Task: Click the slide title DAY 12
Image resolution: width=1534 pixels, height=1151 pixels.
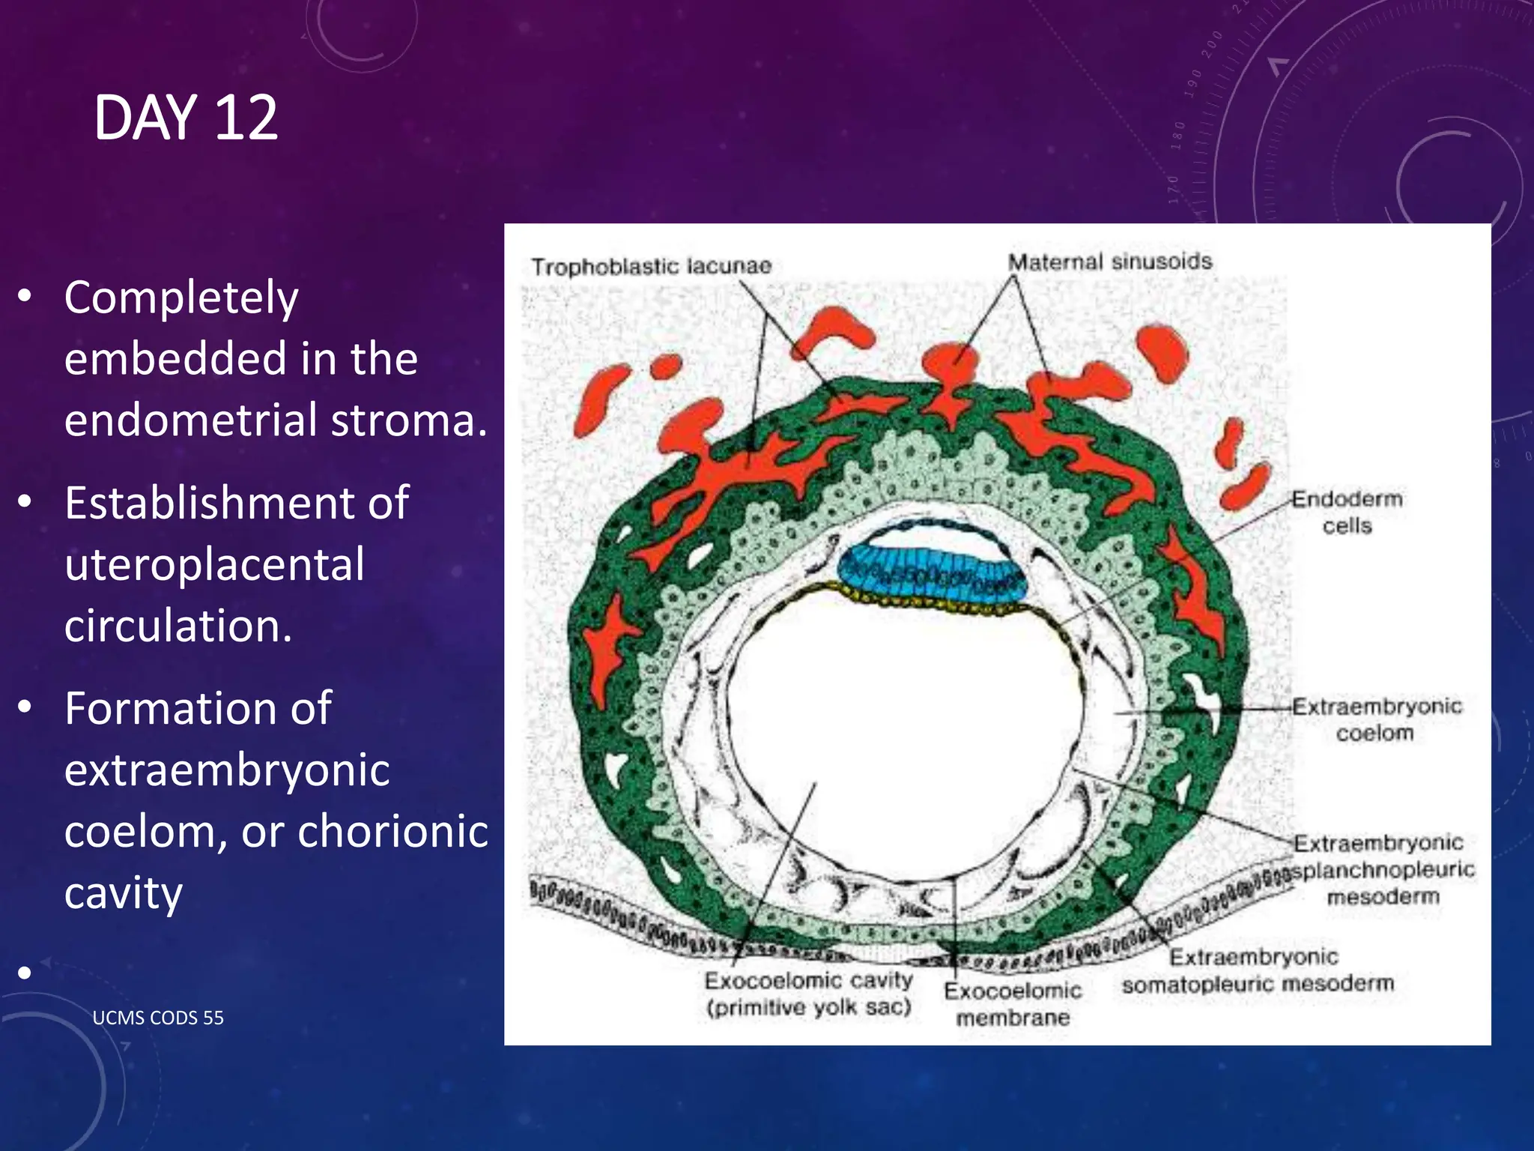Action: [x=186, y=118]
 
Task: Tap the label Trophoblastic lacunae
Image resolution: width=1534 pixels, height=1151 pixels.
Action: [x=651, y=266]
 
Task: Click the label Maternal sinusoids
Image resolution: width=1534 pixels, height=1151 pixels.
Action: [x=1109, y=262]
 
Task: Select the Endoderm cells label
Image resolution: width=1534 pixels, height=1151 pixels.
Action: [x=1347, y=512]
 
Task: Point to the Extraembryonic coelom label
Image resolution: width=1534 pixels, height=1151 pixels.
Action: [x=1376, y=719]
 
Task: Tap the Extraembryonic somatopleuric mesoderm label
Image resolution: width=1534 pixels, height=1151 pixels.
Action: [x=1257, y=970]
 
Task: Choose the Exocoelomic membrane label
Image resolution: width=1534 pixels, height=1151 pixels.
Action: [x=1013, y=1004]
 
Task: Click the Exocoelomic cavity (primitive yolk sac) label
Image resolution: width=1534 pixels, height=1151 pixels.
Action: [x=808, y=994]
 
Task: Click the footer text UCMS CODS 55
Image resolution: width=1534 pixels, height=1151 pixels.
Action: [x=158, y=1018]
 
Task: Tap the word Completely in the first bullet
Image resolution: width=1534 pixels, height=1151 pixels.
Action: [x=181, y=298]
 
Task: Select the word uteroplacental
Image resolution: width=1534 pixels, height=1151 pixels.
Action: [x=214, y=564]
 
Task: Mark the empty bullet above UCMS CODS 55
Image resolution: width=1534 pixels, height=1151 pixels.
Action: [x=25, y=973]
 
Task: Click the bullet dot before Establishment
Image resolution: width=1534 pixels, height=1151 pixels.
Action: [x=25, y=501]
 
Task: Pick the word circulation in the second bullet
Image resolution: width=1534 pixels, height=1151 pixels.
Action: [x=178, y=626]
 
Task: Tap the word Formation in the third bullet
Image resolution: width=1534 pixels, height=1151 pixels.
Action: [x=198, y=708]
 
